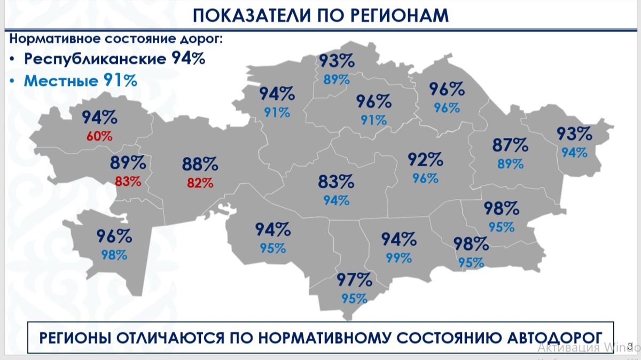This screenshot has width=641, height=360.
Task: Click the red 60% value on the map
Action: coord(99,136)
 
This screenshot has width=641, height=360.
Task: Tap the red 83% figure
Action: coord(128,181)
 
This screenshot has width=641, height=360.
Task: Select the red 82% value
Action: coord(200,183)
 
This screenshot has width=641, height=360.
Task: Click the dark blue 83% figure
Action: coord(336,182)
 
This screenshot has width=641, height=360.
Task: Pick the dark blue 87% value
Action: coord(510,145)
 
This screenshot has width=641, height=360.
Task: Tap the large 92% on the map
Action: coord(425,159)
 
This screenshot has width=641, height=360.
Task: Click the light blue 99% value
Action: coord(398,258)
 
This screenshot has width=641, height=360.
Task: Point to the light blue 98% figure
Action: coord(114,255)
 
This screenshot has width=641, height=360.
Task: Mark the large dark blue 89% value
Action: coord(128,162)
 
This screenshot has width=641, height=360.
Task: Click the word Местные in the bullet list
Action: coord(61,81)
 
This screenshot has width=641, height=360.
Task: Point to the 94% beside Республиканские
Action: coord(188,58)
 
